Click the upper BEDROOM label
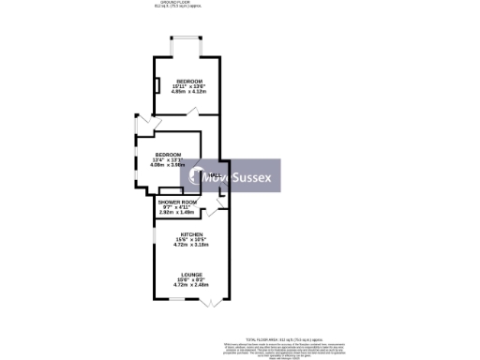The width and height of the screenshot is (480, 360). pos(189,82)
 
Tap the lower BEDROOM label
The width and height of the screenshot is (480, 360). pos(168,154)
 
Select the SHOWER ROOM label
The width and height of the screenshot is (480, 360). pos(177,202)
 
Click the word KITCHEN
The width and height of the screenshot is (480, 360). pos(192,233)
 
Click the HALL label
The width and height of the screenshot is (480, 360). pos(215,176)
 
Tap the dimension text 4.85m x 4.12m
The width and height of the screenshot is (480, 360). pos(190,92)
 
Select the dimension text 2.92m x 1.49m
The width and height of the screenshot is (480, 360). pos(177,212)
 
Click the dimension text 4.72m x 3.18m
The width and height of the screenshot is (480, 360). pos(192,245)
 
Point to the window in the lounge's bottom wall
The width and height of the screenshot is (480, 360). pos(175,299)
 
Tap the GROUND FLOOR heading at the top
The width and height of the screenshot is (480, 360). pos(171,3)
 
